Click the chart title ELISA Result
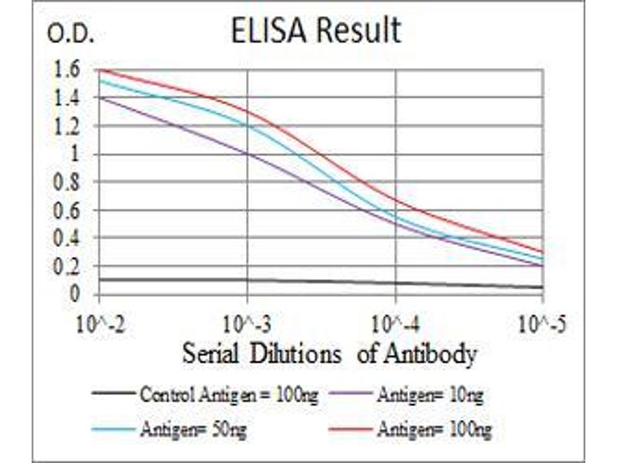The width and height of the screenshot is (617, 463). point(316,31)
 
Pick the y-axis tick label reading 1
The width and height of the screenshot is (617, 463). point(74,154)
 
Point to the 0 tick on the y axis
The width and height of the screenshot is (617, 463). point(75,294)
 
